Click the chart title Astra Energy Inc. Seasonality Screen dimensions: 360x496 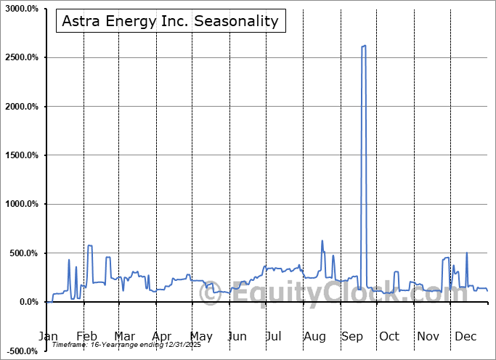[x=170, y=21]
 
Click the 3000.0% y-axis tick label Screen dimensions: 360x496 [x=22, y=9]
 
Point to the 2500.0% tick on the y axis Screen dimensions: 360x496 [x=22, y=57]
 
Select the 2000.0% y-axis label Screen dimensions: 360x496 [x=22, y=107]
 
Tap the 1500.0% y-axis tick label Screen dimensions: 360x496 [x=22, y=155]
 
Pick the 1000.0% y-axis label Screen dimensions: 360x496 [x=22, y=205]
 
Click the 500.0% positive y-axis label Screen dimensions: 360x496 [x=24, y=253]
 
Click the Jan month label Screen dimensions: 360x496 [x=48, y=337]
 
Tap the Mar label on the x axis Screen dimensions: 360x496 [x=125, y=337]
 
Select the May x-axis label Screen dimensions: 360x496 [x=201, y=337]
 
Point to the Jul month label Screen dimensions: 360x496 [x=274, y=337]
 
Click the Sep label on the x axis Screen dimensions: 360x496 [x=352, y=337]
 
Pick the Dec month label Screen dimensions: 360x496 [x=465, y=337]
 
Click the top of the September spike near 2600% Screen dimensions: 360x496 [x=363, y=46]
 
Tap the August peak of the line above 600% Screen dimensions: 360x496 [x=322, y=241]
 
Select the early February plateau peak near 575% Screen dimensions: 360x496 [x=90, y=246]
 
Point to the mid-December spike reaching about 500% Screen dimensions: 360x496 [x=466, y=253]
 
